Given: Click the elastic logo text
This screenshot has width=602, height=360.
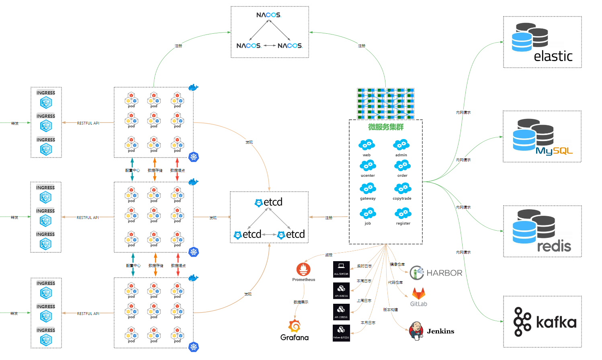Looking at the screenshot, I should (x=553, y=56).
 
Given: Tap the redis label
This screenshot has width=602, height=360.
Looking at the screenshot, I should (x=554, y=246).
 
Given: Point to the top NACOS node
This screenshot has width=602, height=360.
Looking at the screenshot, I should (x=268, y=15).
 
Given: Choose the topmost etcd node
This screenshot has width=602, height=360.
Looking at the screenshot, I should (x=269, y=202).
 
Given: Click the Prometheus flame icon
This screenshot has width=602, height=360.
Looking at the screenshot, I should (x=303, y=269).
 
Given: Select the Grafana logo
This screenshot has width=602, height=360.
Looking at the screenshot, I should (x=295, y=326).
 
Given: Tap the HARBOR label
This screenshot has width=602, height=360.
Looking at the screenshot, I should (x=444, y=273).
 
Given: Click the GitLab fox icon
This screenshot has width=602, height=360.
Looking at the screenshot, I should (x=418, y=294).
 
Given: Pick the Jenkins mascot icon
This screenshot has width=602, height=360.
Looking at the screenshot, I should (x=416, y=331).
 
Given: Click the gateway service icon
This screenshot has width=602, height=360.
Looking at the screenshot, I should (x=368, y=188).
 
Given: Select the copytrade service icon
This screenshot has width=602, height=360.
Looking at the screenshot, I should (x=402, y=188).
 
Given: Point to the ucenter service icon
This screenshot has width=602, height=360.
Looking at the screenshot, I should (x=368, y=166).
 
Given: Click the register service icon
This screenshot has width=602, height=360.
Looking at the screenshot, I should (x=403, y=213).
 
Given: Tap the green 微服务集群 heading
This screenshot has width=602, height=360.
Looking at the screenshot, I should (x=386, y=127).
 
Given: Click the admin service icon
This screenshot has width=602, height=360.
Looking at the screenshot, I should (x=401, y=145).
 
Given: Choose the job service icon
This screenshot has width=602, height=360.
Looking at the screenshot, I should (x=368, y=213).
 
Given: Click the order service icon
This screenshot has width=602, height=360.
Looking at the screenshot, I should (x=402, y=166).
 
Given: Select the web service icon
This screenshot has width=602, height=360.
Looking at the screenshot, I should (x=367, y=145).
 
